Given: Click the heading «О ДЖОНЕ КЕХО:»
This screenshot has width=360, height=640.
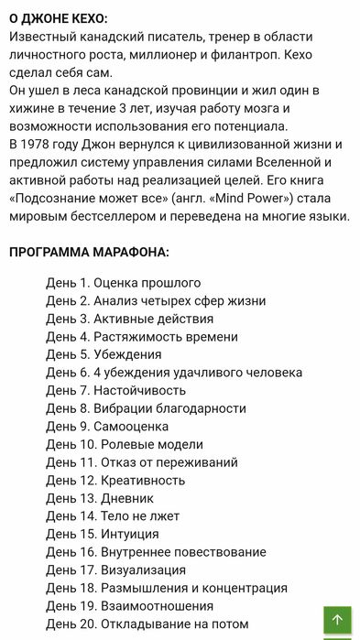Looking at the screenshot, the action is click(x=58, y=18).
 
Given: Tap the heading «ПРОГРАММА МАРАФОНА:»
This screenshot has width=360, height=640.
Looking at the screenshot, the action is click(x=89, y=252).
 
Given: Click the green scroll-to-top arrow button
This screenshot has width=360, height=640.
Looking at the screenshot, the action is click(x=337, y=620).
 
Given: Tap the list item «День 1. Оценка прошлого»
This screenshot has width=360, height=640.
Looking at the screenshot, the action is click(x=123, y=283).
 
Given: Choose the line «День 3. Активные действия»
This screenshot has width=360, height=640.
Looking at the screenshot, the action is click(x=129, y=319).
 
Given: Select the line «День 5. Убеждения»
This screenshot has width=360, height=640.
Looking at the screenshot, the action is click(x=104, y=354).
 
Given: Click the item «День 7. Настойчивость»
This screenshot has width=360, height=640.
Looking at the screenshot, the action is click(x=115, y=390).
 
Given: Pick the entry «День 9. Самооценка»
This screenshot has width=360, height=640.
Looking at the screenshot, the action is click(x=107, y=426).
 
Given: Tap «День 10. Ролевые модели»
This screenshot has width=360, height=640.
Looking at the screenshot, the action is click(x=125, y=444).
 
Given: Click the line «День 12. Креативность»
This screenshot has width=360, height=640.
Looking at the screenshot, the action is click(x=115, y=480).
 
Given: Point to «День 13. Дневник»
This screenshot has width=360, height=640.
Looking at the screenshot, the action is click(x=101, y=498).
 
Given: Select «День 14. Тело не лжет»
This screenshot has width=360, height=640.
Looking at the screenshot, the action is click(x=113, y=515).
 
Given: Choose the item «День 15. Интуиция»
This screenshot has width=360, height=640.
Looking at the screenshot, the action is click(x=103, y=534).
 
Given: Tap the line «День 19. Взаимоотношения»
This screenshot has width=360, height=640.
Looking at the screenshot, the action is click(x=129, y=605).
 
